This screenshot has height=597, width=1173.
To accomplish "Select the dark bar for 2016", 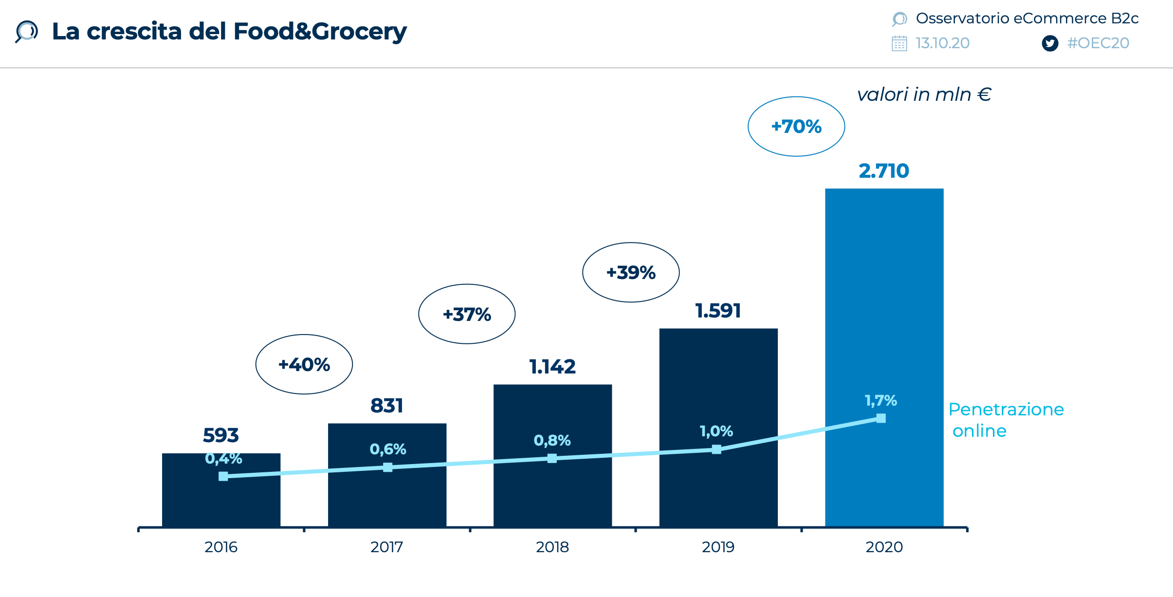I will (x=221, y=502).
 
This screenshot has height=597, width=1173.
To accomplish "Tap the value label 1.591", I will (x=718, y=311).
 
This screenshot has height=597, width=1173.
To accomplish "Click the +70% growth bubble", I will (x=796, y=127).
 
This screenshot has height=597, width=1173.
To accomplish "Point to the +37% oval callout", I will (x=467, y=314).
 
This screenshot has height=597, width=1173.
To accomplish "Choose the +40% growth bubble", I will (x=304, y=364).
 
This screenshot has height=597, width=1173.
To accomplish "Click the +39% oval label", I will (x=631, y=272).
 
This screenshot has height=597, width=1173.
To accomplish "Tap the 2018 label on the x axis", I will (x=552, y=547).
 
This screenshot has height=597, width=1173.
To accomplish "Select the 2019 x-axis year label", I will (x=718, y=547).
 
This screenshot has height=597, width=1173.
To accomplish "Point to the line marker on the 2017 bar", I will (x=387, y=467).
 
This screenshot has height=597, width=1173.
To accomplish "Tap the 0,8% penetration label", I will (x=552, y=440).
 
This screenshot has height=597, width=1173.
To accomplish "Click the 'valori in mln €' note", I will (x=924, y=94).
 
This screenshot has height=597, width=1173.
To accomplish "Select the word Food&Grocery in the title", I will (x=320, y=31).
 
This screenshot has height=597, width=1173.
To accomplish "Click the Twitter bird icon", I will (x=1050, y=43).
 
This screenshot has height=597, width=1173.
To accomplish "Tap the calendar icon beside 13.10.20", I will (x=899, y=43).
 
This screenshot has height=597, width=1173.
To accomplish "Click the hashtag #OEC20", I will (x=1098, y=43).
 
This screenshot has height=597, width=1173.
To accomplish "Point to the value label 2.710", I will (x=883, y=171).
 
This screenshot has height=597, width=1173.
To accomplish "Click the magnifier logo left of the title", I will (x=26, y=31).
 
